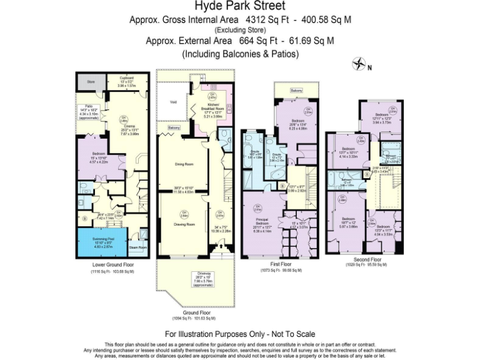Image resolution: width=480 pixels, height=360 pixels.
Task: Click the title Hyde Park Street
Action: [240, 7]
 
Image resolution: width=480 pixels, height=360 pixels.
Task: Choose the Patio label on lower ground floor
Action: [88, 106]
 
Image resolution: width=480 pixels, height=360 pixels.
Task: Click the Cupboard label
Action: [127, 78]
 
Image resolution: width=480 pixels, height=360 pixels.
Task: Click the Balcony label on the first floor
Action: [297, 91]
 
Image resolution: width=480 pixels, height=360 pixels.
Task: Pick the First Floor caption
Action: [281, 265]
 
